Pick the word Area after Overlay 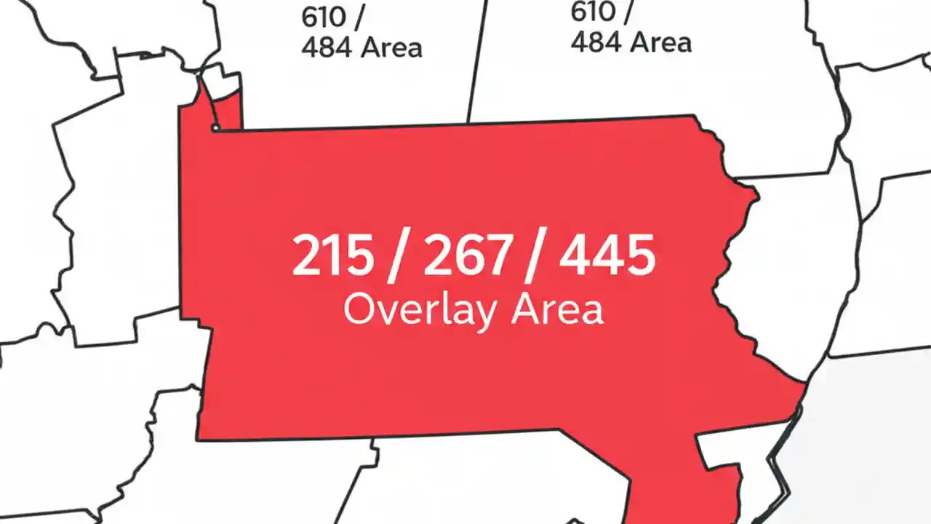(557, 310)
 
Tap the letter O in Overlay (359, 310)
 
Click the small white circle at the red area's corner (215, 128)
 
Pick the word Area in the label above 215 (392, 48)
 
